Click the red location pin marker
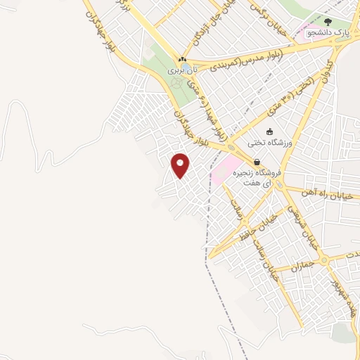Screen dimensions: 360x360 [x=181, y=165]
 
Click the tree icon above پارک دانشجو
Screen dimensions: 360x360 [x=327, y=21]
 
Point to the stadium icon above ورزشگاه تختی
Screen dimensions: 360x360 [x=270, y=131]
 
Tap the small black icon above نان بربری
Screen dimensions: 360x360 [x=183, y=60]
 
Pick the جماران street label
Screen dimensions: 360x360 [x=289, y=267]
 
